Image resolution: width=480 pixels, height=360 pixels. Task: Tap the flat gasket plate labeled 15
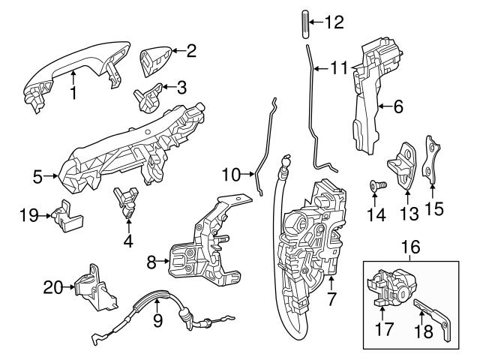430,161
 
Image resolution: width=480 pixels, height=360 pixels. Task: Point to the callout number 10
232,175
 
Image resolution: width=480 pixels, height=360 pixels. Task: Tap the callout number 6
397,107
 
